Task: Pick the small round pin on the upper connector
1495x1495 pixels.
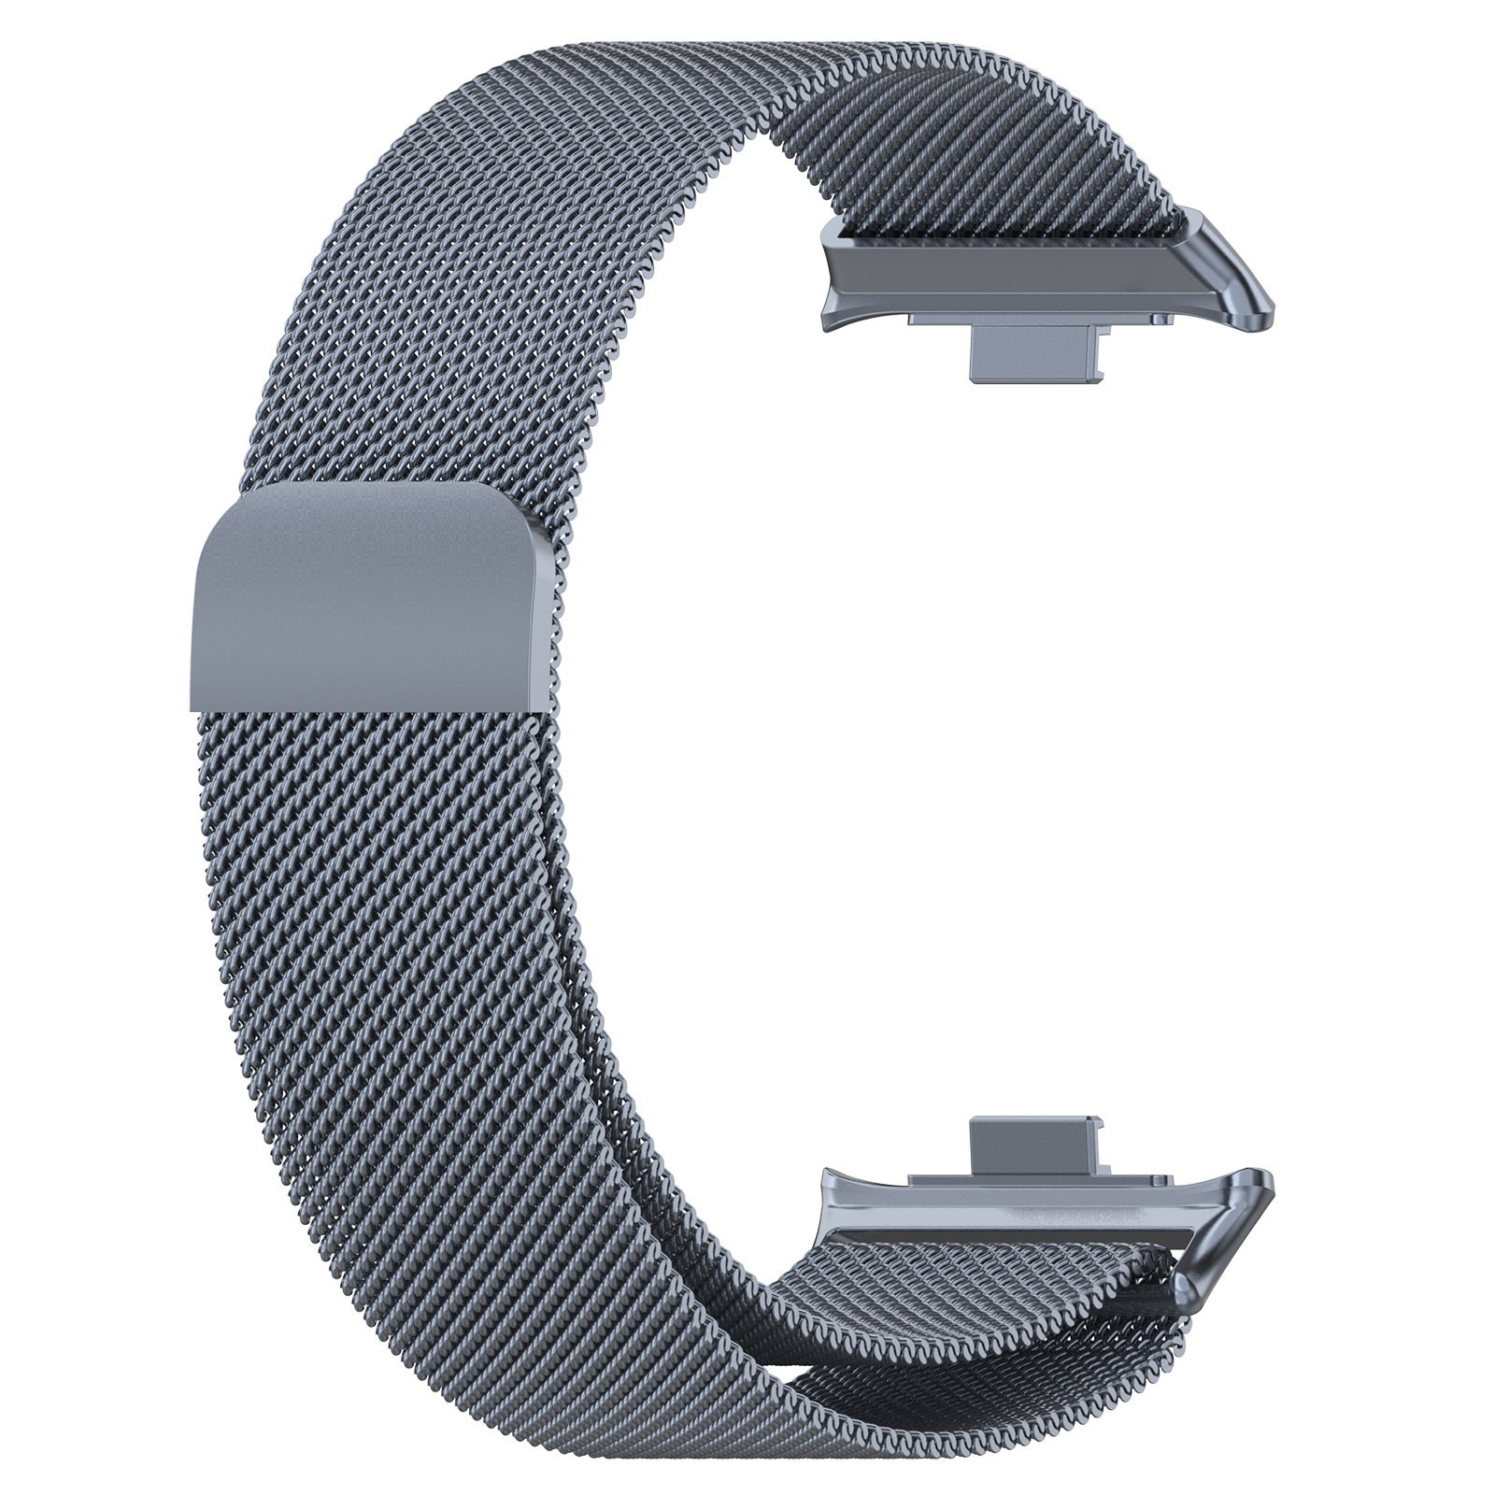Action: [x=1162, y=318]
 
